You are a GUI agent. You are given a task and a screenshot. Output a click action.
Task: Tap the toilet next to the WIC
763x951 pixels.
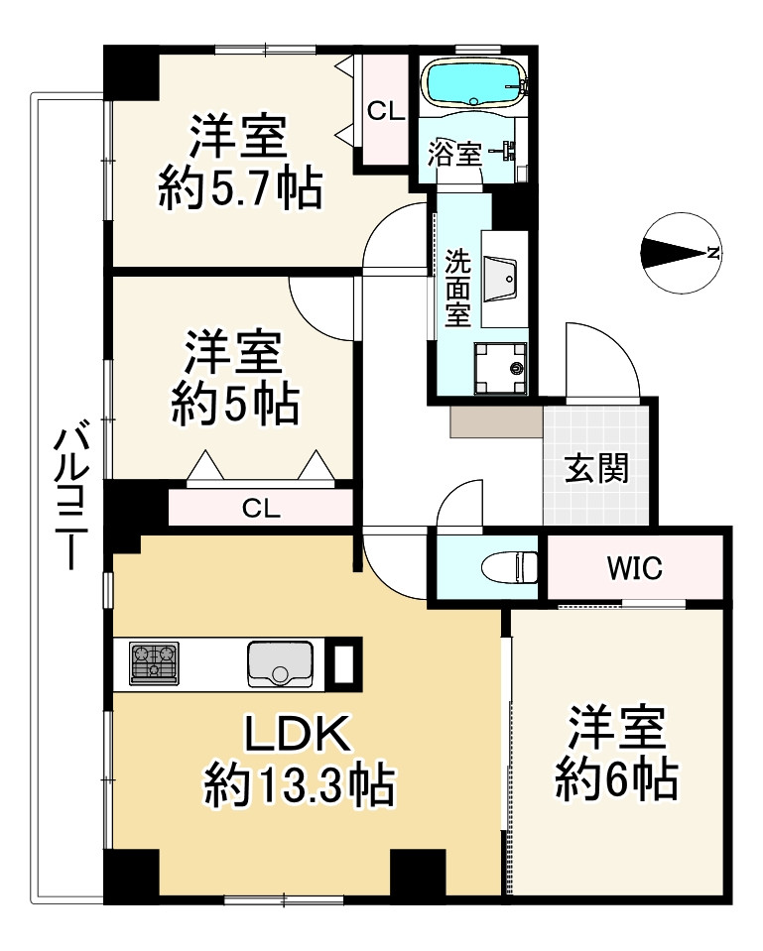tap(509, 567)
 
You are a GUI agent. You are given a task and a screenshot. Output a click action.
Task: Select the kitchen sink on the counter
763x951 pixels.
tap(280, 663)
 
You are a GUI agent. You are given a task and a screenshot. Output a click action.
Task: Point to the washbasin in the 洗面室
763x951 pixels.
tap(500, 279)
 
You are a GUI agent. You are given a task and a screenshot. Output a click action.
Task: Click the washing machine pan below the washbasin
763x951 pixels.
tap(501, 368)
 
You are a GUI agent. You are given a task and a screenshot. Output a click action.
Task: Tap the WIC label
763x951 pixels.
tap(634, 568)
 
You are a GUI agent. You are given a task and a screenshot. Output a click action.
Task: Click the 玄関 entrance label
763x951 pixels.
tap(596, 468)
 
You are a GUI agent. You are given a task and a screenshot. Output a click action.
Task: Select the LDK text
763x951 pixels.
tap(298, 734)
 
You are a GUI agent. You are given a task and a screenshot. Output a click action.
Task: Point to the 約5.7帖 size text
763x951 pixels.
tap(240, 187)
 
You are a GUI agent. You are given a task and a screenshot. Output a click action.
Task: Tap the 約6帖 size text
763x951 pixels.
tap(617, 778)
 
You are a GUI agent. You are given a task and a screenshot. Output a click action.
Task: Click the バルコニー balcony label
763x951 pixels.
tap(71, 499)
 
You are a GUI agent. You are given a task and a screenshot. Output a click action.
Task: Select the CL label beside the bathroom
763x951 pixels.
tap(385, 111)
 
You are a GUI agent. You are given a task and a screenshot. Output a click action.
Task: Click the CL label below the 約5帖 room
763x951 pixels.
tap(261, 509)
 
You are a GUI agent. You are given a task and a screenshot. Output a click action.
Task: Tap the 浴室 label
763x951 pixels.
tap(454, 154)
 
